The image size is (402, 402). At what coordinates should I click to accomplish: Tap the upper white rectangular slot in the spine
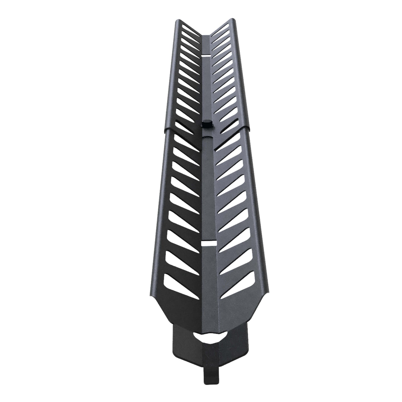click(x=205, y=56)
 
